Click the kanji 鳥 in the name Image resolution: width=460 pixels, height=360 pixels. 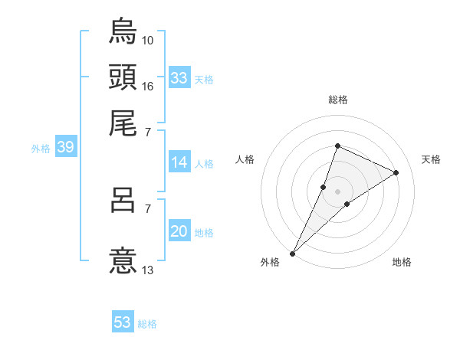pyautogui.click(x=123, y=31)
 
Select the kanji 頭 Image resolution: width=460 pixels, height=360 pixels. pyautogui.click(x=123, y=76)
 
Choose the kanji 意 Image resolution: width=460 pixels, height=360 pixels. pyautogui.click(x=123, y=259)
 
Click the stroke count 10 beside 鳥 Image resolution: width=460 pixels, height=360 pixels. pyautogui.click(x=148, y=39)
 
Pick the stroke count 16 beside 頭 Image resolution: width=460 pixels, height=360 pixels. pyautogui.click(x=148, y=86)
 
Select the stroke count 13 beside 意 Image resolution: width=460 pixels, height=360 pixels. pyautogui.click(x=148, y=269)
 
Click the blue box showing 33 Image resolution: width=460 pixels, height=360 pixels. pyautogui.click(x=179, y=78)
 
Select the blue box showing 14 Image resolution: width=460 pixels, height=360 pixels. pyautogui.click(x=179, y=162)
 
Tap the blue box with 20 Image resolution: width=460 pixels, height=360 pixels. pyautogui.click(x=179, y=232)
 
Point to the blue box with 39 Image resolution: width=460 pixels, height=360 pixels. pyautogui.click(x=65, y=148)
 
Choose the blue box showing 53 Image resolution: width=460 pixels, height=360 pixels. pyautogui.click(x=123, y=322)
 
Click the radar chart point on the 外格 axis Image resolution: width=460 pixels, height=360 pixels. pyautogui.click(x=293, y=254)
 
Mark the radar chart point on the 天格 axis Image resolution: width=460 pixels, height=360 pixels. pyautogui.click(x=396, y=173)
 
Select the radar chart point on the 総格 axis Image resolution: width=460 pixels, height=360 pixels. pyautogui.click(x=337, y=146)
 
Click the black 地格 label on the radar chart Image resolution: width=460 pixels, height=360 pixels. pyautogui.click(x=402, y=263)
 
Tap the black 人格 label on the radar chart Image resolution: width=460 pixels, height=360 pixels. pyautogui.click(x=245, y=159)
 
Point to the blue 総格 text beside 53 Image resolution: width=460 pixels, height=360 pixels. pyautogui.click(x=147, y=324)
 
